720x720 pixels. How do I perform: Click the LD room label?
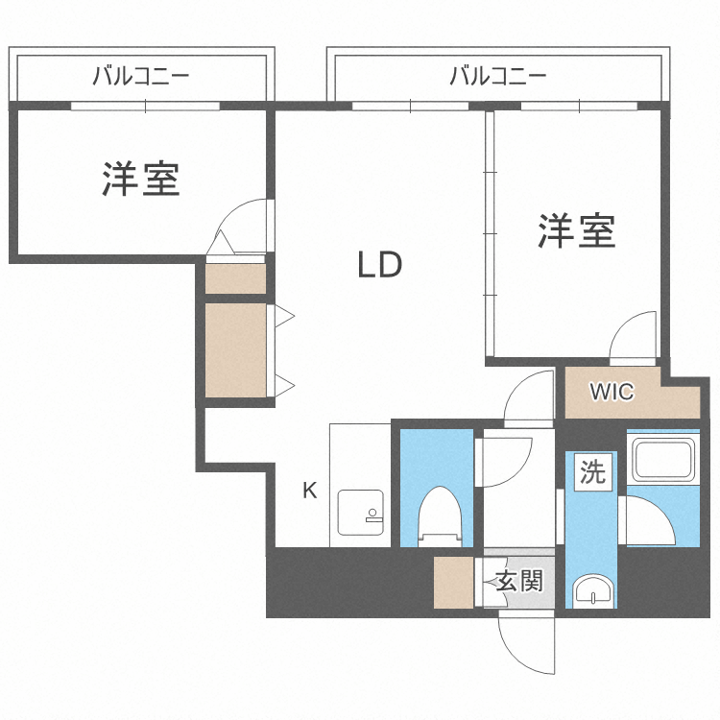[379, 265]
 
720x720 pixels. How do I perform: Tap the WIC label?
[612, 392]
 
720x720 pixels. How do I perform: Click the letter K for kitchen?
[309, 491]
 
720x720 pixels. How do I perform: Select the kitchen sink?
[360, 515]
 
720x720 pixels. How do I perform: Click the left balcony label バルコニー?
[140, 75]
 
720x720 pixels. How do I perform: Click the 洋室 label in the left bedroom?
[142, 179]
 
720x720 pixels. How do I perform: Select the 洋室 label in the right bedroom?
[576, 231]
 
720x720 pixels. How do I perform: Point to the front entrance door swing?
[525, 642]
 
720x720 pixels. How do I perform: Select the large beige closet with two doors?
[234, 349]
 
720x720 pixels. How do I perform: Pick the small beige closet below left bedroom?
[235, 278]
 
